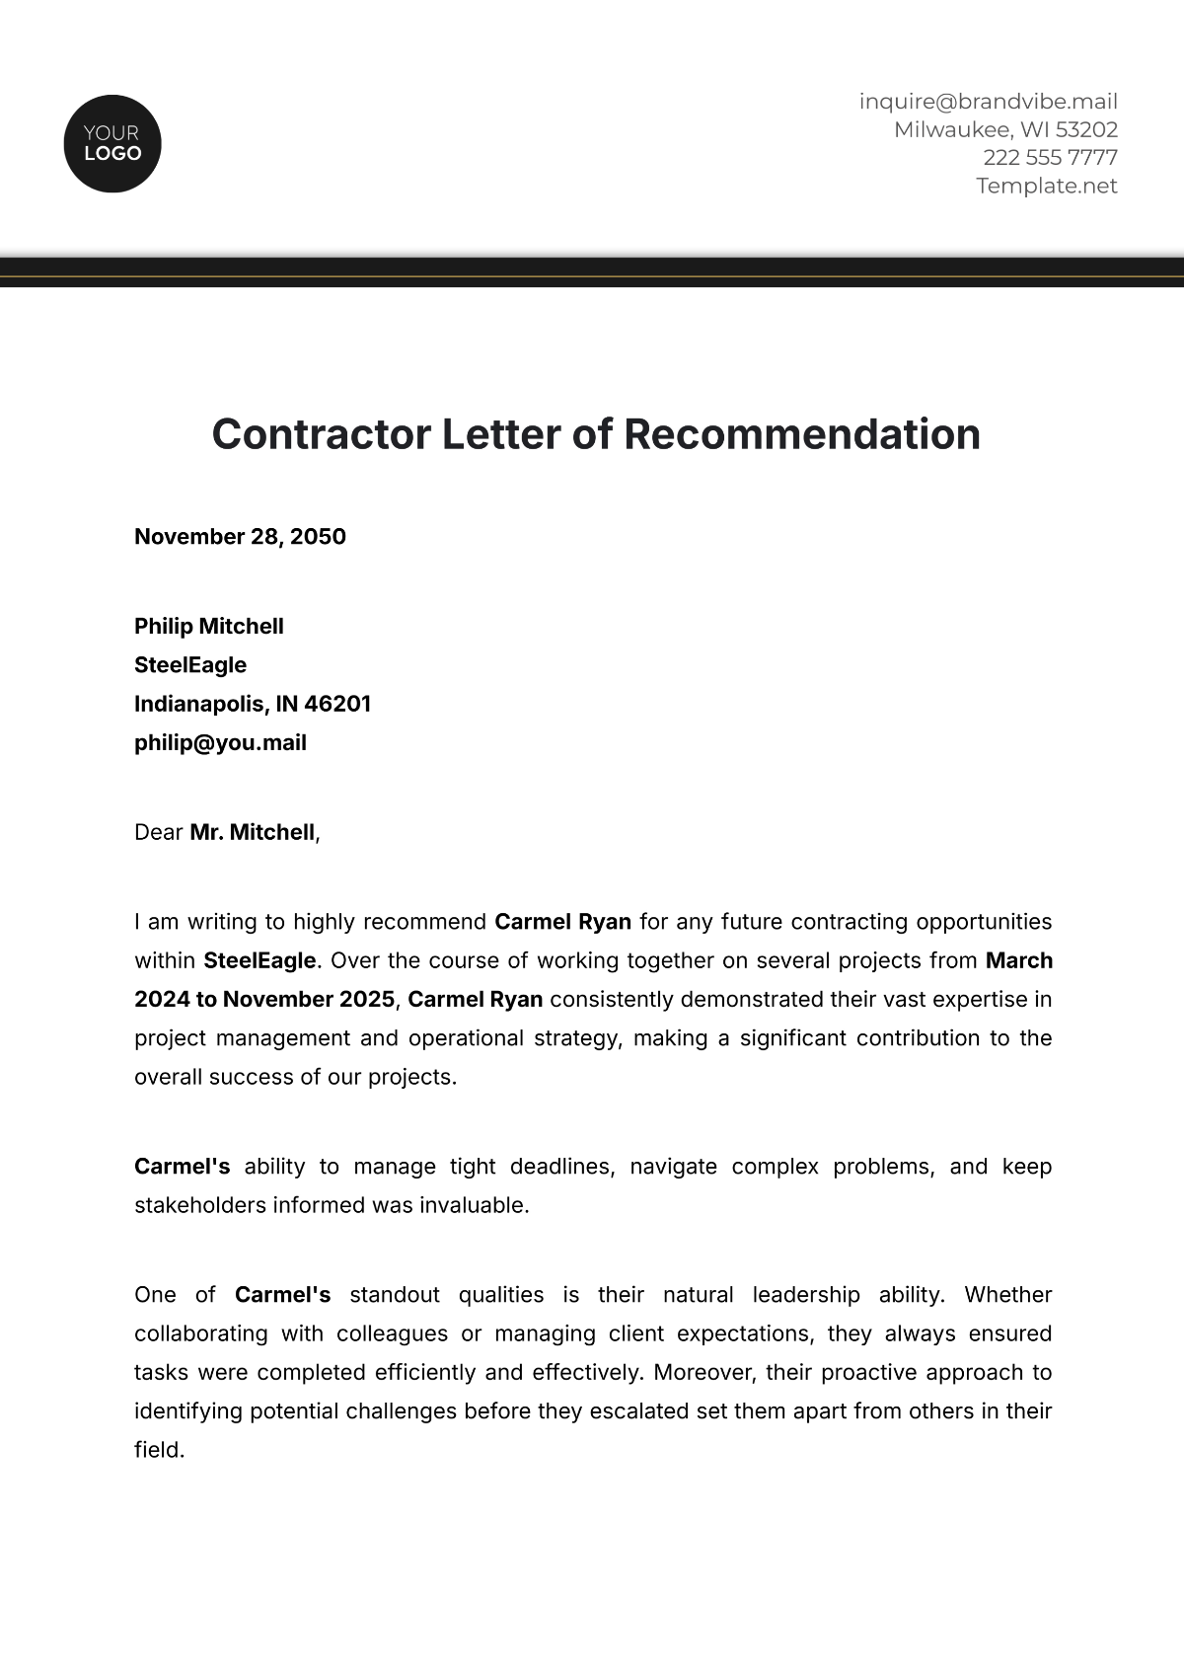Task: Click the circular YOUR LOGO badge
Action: coord(112,144)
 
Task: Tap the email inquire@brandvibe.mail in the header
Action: coord(988,102)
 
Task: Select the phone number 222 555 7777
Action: coord(1050,158)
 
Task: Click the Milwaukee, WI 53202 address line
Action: coord(1005,129)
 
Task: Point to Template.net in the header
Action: coord(1046,186)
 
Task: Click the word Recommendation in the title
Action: coord(802,434)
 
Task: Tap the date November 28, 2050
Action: coord(240,537)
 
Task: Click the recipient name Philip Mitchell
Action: coord(209,627)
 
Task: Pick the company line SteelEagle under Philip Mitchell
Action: coord(190,665)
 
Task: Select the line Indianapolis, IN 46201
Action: coord(253,704)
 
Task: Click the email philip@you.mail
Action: coord(220,743)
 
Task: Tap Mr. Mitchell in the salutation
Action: coord(252,833)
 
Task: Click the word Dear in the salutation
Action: coord(159,833)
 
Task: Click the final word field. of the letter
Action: coord(159,1450)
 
